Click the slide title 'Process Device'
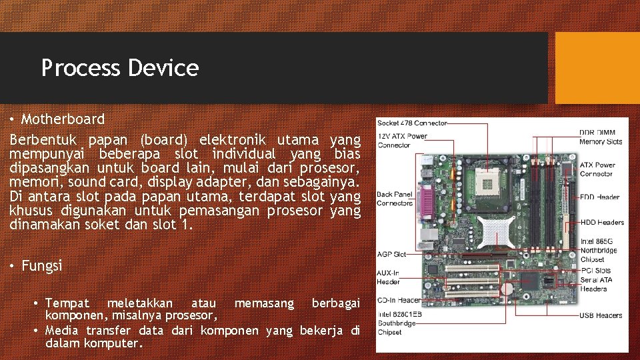point(120,68)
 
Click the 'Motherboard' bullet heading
point(63,119)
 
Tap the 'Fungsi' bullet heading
point(42,266)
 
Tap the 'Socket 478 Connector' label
point(412,123)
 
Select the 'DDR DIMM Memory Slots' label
point(601,137)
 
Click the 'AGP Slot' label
point(392,254)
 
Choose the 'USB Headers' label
point(601,315)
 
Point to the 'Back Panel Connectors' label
point(395,199)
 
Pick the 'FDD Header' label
point(599,197)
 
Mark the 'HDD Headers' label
point(602,222)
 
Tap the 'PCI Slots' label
point(595,271)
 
